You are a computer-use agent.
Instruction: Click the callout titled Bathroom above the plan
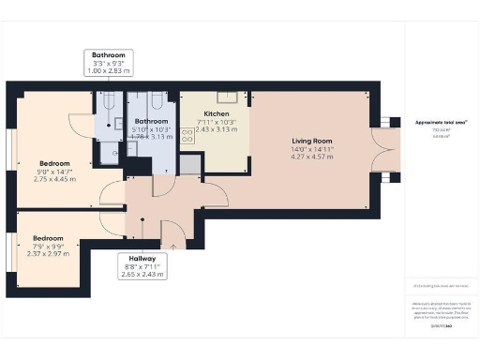coord(108,55)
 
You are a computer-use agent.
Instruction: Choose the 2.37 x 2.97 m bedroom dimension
coord(48,254)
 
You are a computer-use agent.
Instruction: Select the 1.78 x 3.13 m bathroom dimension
coord(150,137)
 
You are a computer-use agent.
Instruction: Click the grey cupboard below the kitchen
coord(190,165)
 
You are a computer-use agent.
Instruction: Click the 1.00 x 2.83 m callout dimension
coord(108,72)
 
